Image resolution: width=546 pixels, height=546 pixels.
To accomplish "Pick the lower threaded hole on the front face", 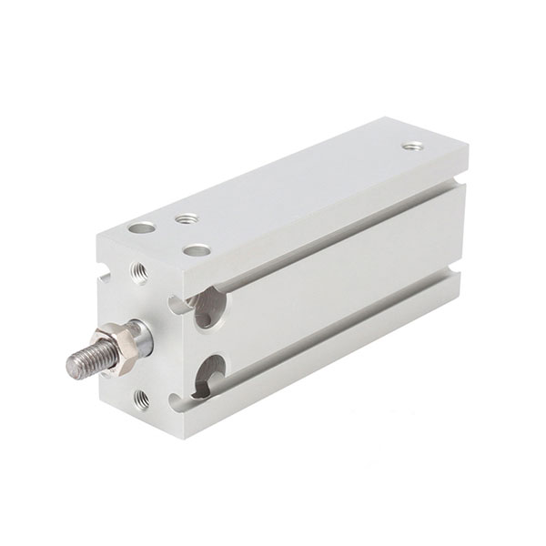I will click(x=142, y=396).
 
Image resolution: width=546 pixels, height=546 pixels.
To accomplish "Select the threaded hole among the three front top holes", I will click(x=187, y=218).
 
